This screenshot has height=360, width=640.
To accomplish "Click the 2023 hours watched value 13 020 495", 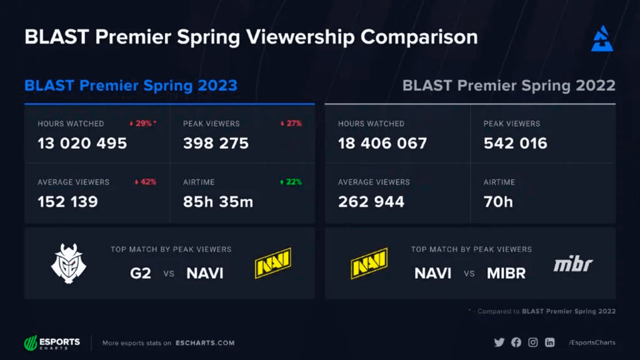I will (82, 143).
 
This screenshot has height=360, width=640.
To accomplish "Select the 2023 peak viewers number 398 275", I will (216, 143).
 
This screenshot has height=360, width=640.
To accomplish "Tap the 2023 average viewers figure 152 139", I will (67, 202).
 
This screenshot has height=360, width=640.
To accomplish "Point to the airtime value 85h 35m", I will (218, 202).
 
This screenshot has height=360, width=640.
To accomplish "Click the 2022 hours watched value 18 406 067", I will (382, 143).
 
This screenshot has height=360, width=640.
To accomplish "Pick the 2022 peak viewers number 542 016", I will (515, 143).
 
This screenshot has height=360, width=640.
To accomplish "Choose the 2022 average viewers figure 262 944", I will (371, 202).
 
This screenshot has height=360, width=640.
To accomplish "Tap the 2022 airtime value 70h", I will (497, 202).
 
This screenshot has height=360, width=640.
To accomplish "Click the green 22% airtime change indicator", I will (291, 182).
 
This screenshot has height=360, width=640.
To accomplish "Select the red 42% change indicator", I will (145, 182).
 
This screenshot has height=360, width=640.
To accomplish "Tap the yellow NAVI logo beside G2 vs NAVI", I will (273, 263).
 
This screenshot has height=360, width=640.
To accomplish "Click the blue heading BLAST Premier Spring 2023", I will (131, 85).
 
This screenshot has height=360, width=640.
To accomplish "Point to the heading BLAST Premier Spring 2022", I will (509, 85).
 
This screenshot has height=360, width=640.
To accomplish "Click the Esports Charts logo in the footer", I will (52, 342).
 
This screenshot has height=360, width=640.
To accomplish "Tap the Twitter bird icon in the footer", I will (499, 342).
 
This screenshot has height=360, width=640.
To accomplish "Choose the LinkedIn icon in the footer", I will (550, 342).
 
